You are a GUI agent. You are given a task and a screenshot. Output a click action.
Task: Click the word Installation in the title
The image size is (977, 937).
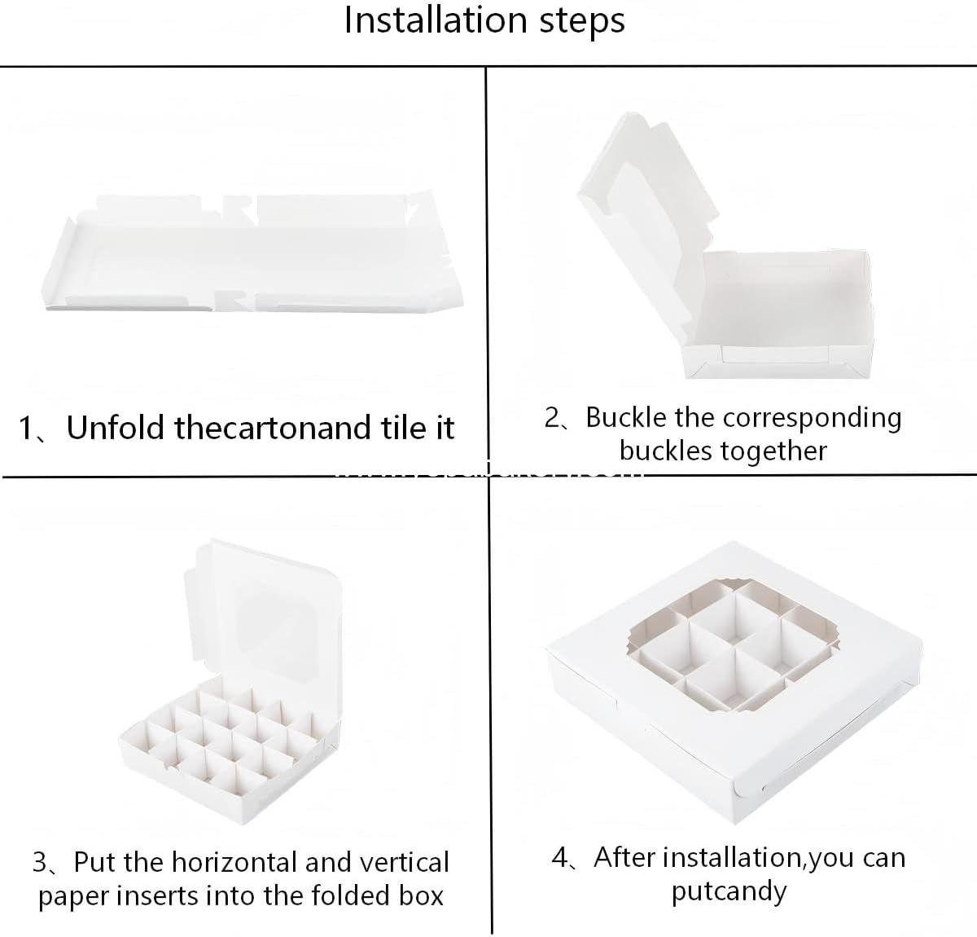(x=436, y=20)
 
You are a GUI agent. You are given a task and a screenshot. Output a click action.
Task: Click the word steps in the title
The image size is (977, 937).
(x=582, y=22)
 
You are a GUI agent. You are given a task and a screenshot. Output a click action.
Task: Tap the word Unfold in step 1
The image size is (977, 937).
(x=115, y=428)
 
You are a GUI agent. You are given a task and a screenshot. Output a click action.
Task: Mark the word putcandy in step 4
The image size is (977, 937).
(x=729, y=892)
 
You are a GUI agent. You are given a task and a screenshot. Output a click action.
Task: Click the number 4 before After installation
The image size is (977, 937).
(x=560, y=858)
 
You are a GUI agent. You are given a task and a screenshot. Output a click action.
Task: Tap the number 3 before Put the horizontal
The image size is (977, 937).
(x=40, y=863)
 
